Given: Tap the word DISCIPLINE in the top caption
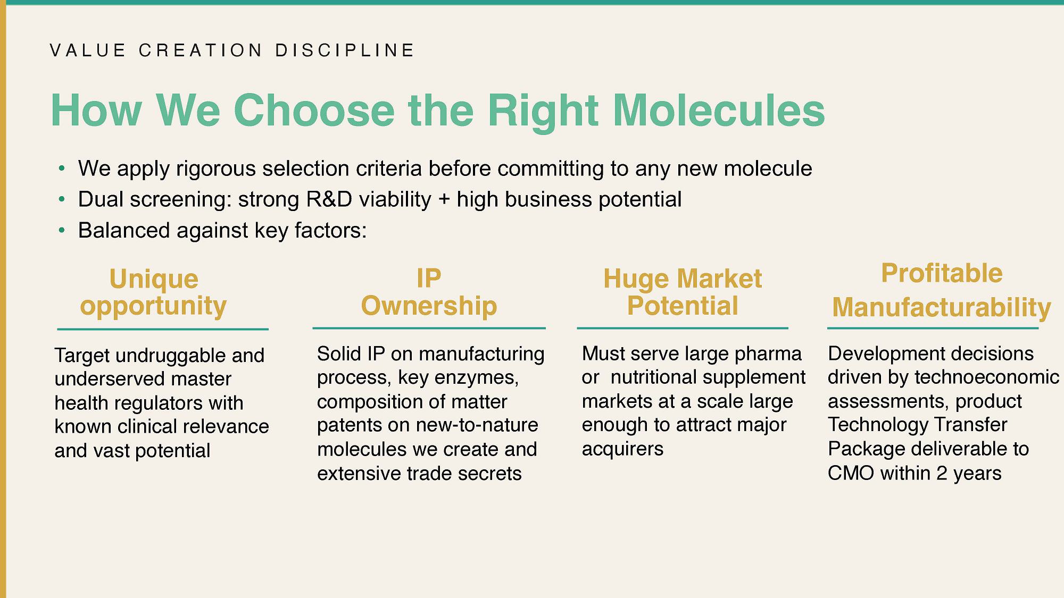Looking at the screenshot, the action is pyautogui.click(x=345, y=50).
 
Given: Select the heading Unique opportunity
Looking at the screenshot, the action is pyautogui.click(x=154, y=293).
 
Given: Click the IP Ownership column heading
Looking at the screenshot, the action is pyautogui.click(x=429, y=292).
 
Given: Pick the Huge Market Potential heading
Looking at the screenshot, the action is pyautogui.click(x=683, y=292).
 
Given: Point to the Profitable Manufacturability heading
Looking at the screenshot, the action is pyautogui.click(x=942, y=291).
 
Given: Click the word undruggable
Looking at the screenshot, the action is pyautogui.click(x=165, y=356).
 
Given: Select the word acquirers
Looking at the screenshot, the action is pyautogui.click(x=622, y=449).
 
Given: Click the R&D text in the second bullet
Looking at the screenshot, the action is pyautogui.click(x=329, y=200).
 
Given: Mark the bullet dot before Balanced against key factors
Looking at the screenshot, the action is pyautogui.click(x=62, y=231).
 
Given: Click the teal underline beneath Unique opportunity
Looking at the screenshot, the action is pyautogui.click(x=163, y=330).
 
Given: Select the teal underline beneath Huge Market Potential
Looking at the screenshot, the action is pyautogui.click(x=683, y=329).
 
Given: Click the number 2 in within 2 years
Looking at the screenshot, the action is pyautogui.click(x=942, y=473).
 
